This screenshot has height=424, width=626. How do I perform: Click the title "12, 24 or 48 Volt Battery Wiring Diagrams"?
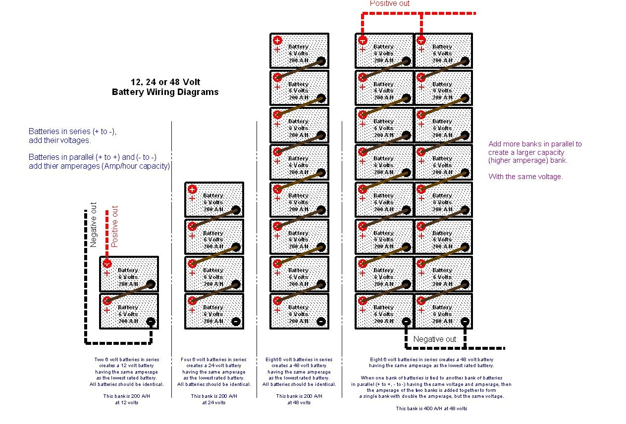point(165,87)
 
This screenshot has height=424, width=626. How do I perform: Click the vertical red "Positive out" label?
point(115,226)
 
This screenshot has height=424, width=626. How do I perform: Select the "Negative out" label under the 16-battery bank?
point(434,339)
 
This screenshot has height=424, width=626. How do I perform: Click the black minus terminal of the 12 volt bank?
point(151,322)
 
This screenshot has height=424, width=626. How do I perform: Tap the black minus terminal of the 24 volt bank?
point(236,322)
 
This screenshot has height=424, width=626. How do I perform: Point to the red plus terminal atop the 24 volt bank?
point(192,189)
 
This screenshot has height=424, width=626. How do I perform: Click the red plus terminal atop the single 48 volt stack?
point(277,40)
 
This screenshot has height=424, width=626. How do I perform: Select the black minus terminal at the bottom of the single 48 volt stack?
point(321,322)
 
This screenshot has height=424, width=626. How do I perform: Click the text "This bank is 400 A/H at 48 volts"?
point(431,409)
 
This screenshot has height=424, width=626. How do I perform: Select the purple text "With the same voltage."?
point(525,177)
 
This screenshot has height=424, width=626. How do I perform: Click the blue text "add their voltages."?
point(60,141)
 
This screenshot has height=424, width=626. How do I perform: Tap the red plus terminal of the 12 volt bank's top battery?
point(107,264)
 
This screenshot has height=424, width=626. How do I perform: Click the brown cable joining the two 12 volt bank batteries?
point(129,292)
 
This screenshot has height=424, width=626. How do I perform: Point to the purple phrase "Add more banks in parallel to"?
point(535,144)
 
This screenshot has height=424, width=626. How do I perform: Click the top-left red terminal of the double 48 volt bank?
point(363,40)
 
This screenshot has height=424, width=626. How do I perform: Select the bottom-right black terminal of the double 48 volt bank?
point(465,322)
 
